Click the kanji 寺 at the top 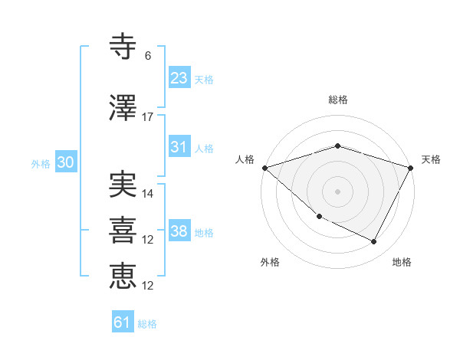[123, 47]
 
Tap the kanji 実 [123, 185]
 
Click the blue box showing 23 [179, 77]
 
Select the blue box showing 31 [179, 147]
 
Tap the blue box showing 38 [179, 231]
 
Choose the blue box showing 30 [65, 162]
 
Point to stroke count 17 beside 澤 [148, 117]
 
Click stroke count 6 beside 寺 [148, 56]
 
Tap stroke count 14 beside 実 [148, 194]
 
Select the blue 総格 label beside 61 [148, 324]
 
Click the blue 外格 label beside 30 [41, 163]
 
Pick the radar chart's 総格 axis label [337, 100]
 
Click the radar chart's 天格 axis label [431, 159]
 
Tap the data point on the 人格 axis [264, 168]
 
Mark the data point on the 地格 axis [374, 242]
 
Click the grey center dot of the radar [337, 191]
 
